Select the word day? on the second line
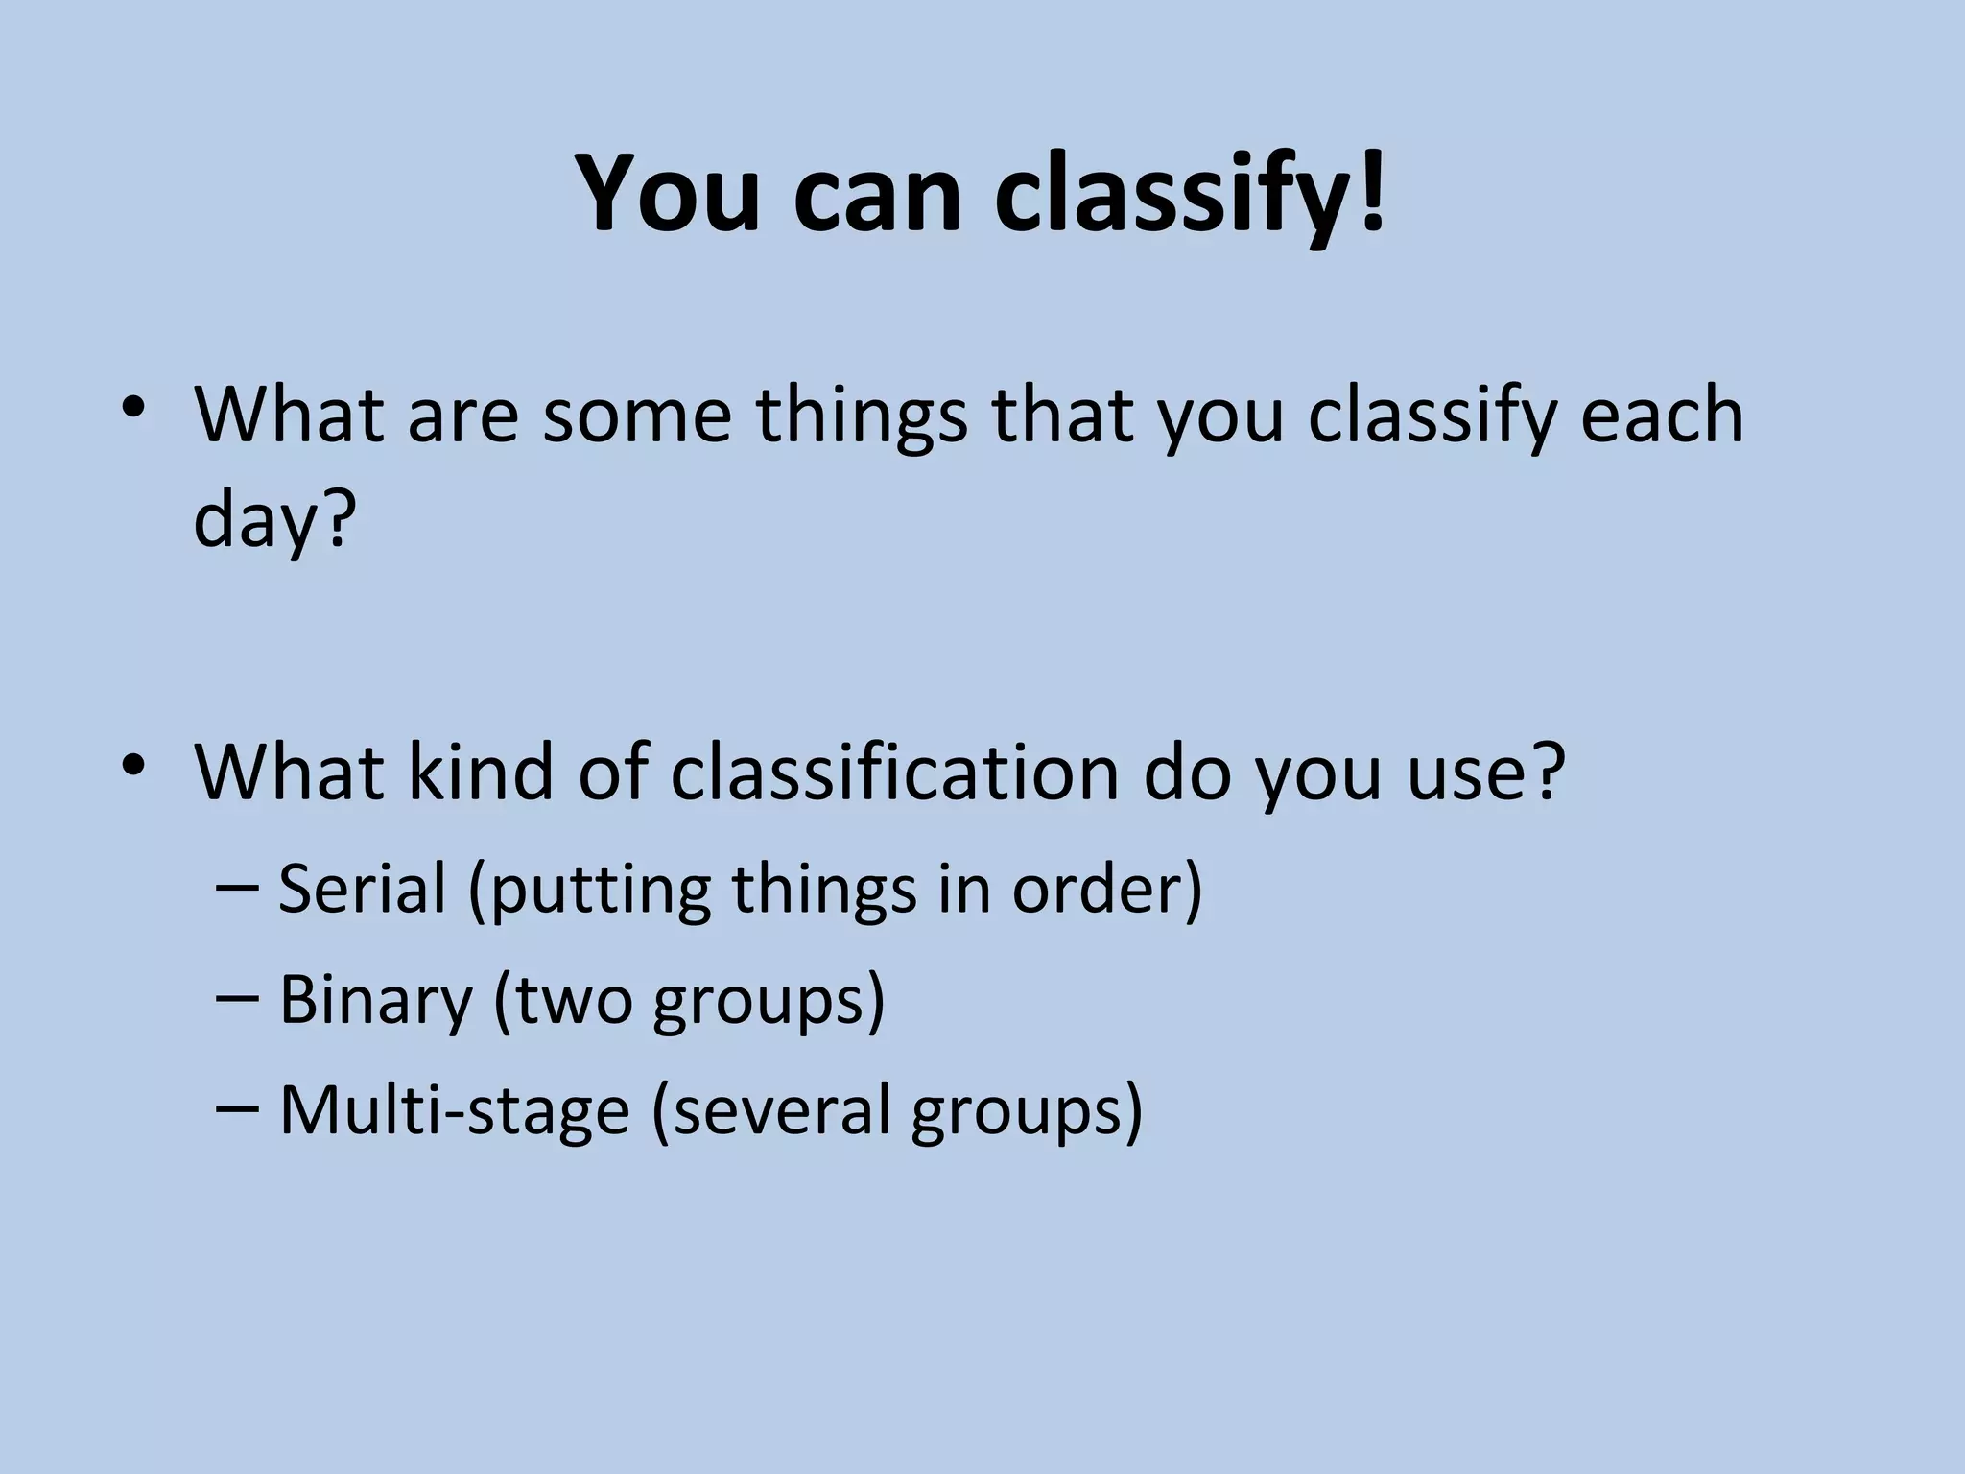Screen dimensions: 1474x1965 tap(274, 522)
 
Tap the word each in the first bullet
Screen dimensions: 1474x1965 tap(1661, 416)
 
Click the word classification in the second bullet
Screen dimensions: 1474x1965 tap(893, 772)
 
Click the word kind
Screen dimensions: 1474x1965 tap(481, 772)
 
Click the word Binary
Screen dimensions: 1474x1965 tap(376, 1000)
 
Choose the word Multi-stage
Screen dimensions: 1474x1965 tap(453, 1110)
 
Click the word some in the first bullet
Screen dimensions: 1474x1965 tap(637, 416)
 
